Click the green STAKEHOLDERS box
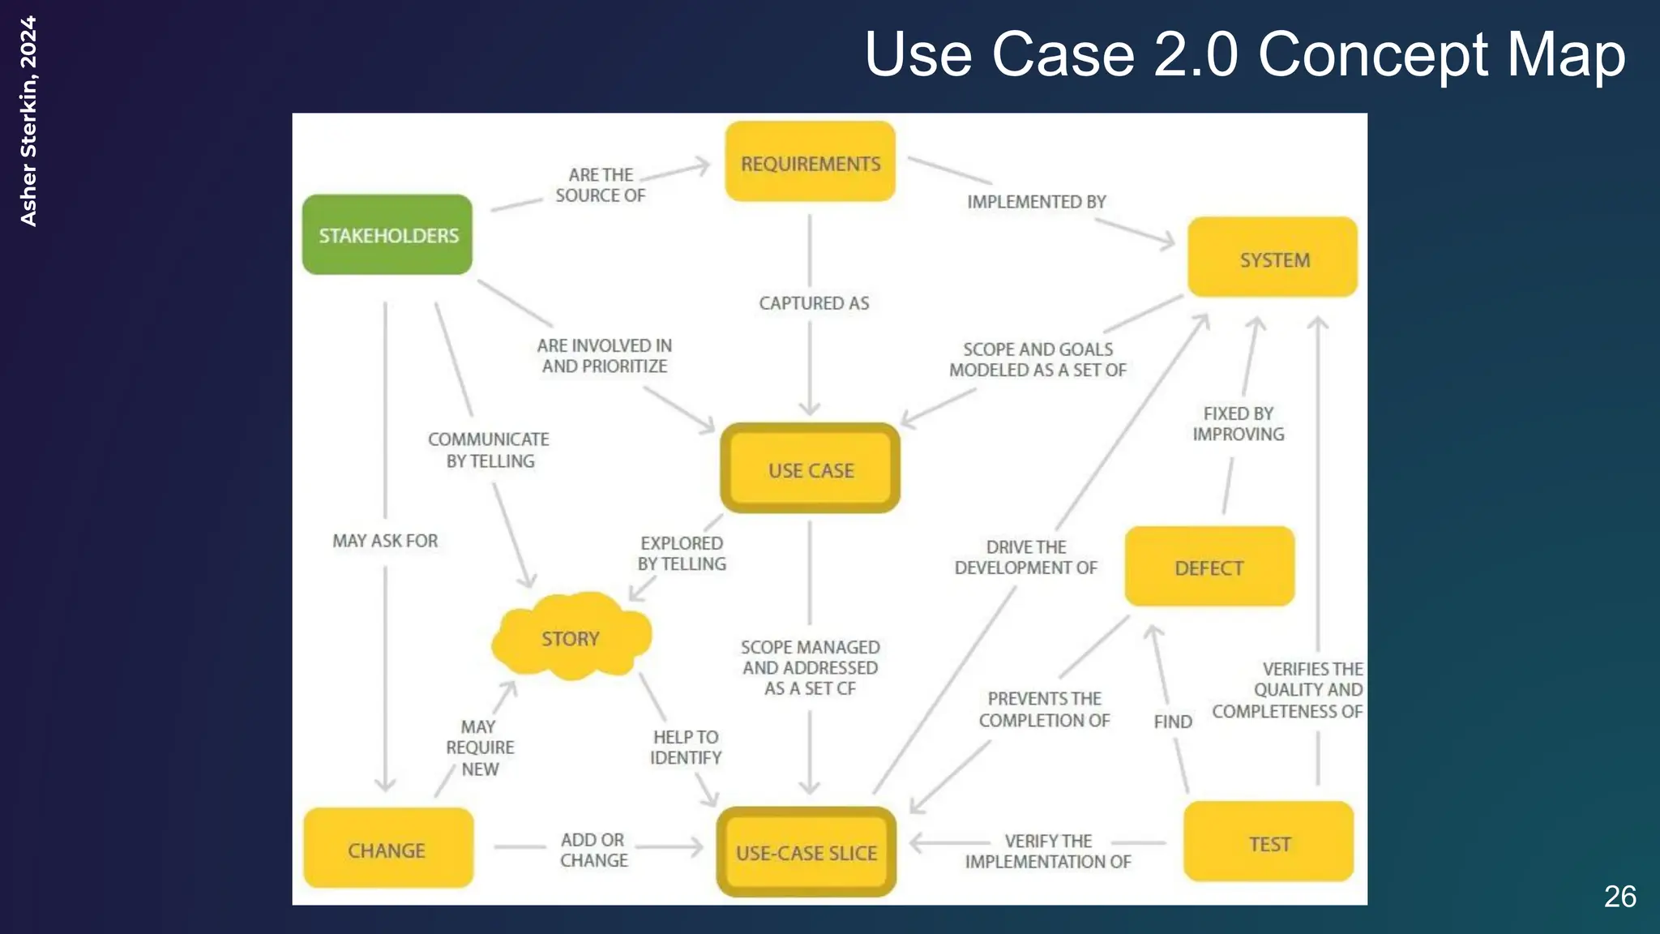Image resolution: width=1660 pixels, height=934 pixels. (x=387, y=235)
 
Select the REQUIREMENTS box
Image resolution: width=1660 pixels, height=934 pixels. (x=810, y=162)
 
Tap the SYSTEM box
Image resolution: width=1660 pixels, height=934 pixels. (x=1273, y=258)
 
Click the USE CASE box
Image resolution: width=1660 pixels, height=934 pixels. (x=810, y=469)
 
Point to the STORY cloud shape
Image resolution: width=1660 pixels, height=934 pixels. (x=571, y=637)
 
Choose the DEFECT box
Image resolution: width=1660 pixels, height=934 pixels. (x=1209, y=567)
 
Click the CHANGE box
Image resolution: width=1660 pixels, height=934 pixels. (x=387, y=849)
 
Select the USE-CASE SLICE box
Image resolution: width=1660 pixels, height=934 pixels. (x=806, y=852)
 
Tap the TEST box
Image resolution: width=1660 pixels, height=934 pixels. (x=1269, y=842)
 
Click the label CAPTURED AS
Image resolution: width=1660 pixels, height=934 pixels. (x=814, y=303)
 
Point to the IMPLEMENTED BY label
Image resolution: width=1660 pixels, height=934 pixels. (x=1036, y=202)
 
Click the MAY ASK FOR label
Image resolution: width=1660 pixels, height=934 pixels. (x=385, y=541)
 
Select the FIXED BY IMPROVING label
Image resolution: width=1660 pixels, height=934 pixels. (x=1238, y=424)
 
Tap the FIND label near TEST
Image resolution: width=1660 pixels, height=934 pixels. (x=1172, y=722)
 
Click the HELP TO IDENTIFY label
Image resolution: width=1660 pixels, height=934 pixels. (x=685, y=747)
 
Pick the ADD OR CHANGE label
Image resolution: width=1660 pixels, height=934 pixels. (x=593, y=850)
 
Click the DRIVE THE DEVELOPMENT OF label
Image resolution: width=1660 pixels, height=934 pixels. (x=1025, y=557)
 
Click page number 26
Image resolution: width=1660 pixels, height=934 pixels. (x=1619, y=897)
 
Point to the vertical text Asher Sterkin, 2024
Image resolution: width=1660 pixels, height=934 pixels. (x=28, y=122)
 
